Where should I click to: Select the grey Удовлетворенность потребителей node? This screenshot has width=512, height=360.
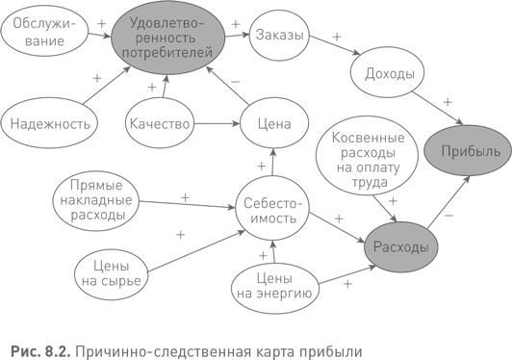pos(169,37)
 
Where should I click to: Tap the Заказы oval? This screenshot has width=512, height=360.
pos(280,36)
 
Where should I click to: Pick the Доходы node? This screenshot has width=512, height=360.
pos(389,73)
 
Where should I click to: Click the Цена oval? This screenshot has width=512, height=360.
pos(274,123)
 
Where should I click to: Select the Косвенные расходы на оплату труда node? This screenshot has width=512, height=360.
pos(363,152)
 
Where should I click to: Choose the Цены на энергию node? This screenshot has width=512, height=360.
pos(273,284)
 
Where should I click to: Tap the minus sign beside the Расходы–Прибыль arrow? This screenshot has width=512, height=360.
pos(449,217)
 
